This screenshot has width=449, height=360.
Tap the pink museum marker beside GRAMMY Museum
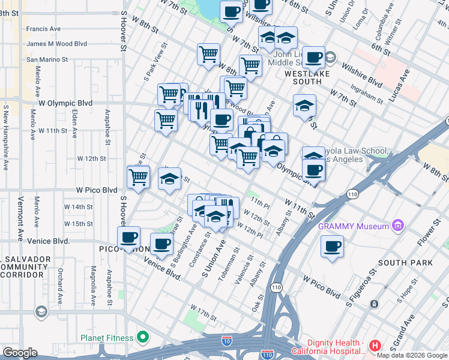[x=397, y=226]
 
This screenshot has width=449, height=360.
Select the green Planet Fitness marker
[x=143, y=338]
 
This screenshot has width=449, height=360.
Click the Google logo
[x=20, y=353]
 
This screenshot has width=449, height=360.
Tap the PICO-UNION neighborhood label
[x=124, y=248]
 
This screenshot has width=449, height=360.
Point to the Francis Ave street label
[x=43, y=28]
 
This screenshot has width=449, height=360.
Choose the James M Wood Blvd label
[x=56, y=44]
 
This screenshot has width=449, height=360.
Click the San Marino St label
[x=47, y=59]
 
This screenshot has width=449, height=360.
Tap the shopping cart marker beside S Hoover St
[x=139, y=177]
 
